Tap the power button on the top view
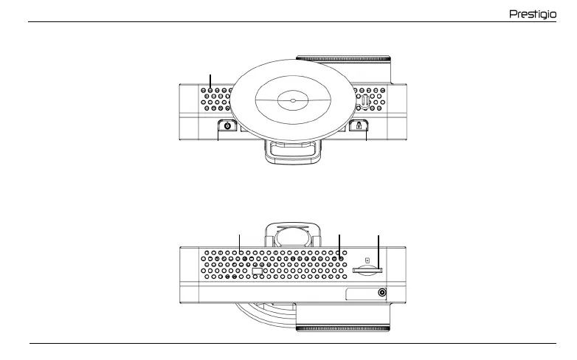point(227,126)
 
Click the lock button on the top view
point(359,126)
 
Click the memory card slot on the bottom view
point(366,271)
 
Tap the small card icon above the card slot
point(367,260)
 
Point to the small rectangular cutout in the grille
point(257,272)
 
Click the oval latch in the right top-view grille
point(364,100)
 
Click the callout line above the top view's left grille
point(211,83)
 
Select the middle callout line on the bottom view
point(339,246)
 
